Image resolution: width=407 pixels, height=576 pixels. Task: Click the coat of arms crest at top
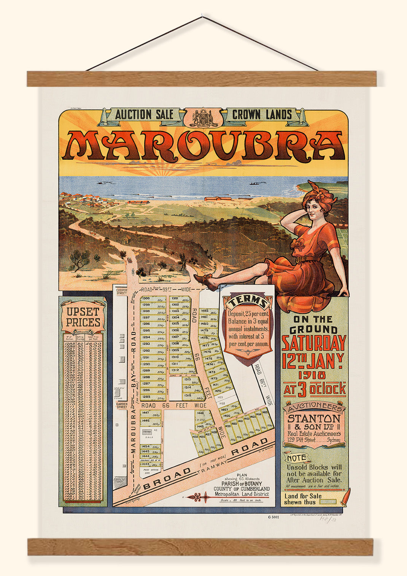pos(203,117)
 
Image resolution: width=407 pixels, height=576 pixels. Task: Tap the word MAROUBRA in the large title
pos(204,145)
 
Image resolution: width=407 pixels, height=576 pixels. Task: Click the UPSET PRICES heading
pos(83,317)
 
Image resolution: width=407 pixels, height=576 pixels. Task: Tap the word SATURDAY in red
pos(314,343)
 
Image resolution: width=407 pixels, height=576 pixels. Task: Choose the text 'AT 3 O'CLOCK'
pos(315,389)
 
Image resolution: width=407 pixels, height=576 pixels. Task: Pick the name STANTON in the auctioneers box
pos(314,418)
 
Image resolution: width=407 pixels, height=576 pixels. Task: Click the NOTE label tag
pos(296,458)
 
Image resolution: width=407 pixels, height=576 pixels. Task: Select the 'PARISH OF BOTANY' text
pos(242,483)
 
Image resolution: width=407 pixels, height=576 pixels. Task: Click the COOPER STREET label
pos(121,292)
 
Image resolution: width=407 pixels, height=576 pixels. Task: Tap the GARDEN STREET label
pos(121,406)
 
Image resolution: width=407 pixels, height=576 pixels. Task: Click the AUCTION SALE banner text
pos(144,115)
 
